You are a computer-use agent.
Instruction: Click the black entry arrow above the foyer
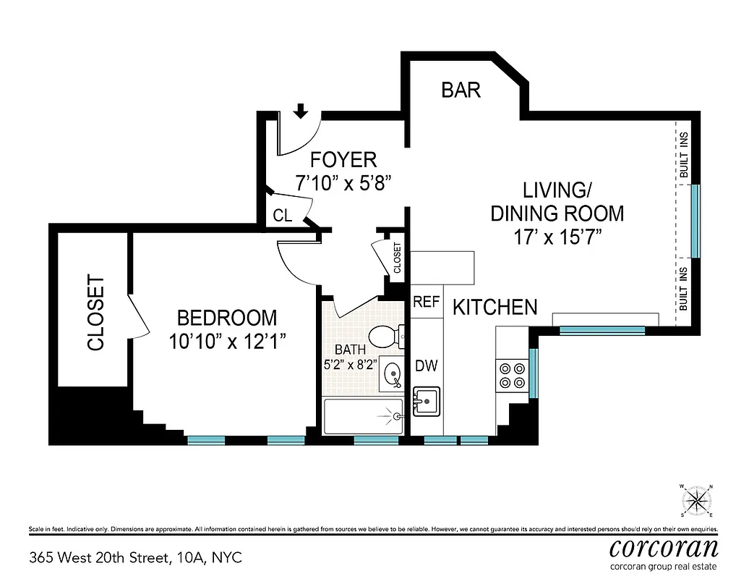[x=301, y=111]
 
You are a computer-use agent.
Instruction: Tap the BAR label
[x=461, y=90]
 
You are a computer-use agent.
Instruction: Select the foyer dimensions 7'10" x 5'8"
[x=343, y=183]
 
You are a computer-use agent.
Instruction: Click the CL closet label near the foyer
[x=283, y=216]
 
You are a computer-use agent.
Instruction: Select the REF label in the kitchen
[x=426, y=303]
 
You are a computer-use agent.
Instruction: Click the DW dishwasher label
[x=426, y=366]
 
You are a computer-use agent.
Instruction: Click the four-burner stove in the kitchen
[x=512, y=375]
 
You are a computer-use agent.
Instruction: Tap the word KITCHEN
[x=495, y=308]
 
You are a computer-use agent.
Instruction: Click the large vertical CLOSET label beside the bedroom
[x=96, y=313]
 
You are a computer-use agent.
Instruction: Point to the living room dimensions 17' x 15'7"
[x=557, y=236]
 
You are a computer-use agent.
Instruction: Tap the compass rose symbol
[x=697, y=500]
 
